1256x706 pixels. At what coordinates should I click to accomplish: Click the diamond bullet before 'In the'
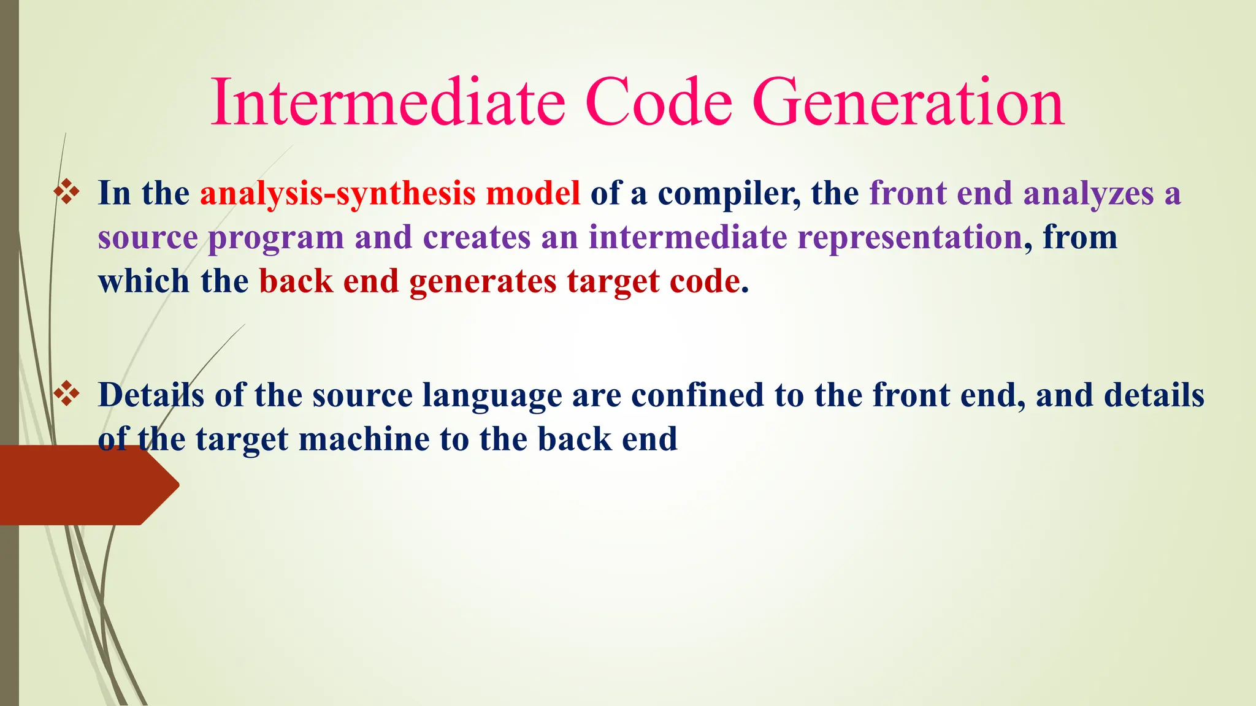click(66, 192)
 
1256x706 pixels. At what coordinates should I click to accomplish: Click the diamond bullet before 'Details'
click(66, 394)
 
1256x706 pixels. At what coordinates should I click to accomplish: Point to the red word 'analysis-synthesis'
click(337, 194)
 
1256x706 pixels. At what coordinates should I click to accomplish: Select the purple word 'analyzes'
click(1089, 195)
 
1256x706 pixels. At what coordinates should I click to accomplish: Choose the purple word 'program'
click(276, 239)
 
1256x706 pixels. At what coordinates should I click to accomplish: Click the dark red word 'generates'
click(483, 283)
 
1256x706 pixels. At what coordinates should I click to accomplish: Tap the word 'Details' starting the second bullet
click(151, 395)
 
